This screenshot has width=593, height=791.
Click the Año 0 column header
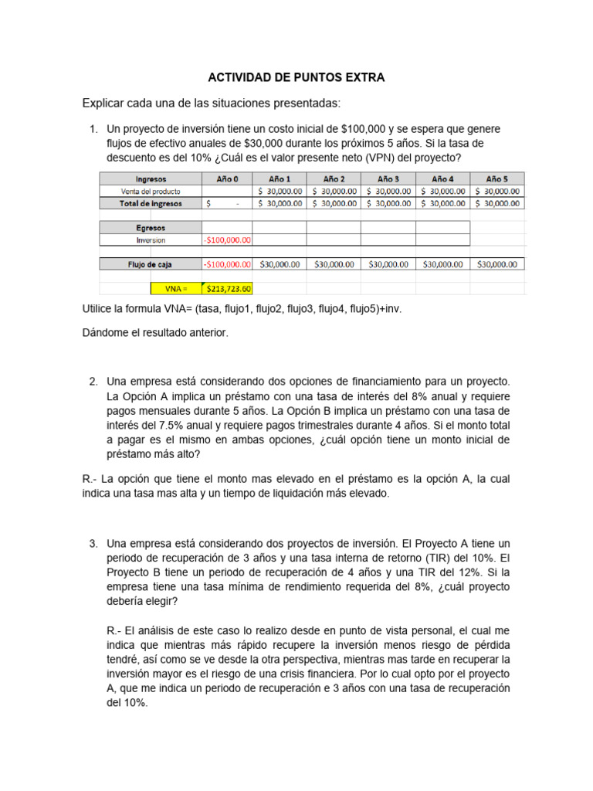pos(227,178)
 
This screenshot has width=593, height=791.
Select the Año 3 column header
pos(388,178)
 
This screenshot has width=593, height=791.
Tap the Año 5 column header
pos(496,178)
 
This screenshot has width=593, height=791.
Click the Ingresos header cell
pos(151,178)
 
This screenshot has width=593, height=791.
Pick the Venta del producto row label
pos(151,191)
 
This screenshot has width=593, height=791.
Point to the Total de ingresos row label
pos(151,203)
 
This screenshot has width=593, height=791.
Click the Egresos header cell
pos(151,228)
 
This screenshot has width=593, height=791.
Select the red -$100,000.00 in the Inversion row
pos(227,240)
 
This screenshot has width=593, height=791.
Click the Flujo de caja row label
pos(151,264)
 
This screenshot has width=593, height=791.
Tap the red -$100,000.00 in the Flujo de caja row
pos(227,264)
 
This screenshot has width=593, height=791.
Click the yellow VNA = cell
pos(176,289)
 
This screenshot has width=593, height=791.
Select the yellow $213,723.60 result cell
pos(227,289)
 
